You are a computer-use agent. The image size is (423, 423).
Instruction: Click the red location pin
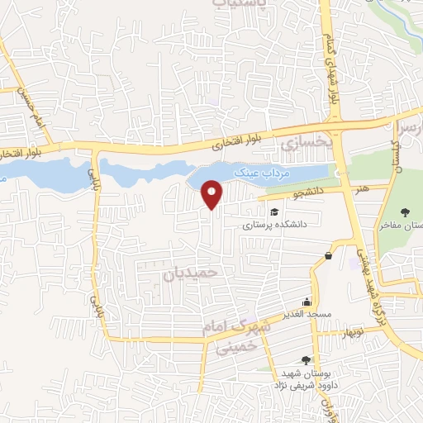point(213,194)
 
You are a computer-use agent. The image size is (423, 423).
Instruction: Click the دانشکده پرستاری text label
point(275,223)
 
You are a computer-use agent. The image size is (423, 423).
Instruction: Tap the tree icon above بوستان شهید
point(306,359)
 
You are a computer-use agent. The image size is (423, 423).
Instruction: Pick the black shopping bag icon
point(329,256)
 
